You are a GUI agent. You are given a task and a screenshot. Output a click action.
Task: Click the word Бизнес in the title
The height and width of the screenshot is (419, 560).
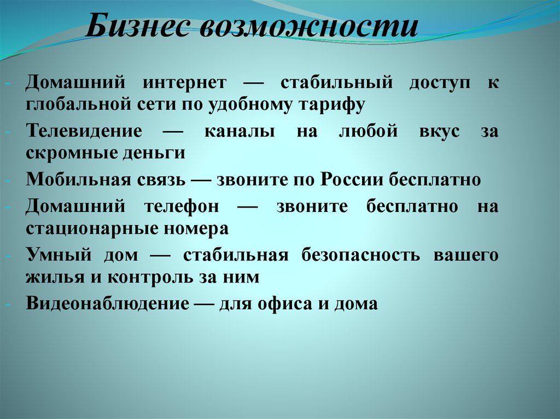(x=137, y=26)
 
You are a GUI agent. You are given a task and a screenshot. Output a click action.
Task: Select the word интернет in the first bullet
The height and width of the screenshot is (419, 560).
(x=185, y=83)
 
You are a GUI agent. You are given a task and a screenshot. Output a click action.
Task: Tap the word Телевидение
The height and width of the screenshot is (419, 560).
(x=84, y=132)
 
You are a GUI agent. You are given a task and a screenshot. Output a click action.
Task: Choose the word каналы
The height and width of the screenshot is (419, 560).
(x=240, y=132)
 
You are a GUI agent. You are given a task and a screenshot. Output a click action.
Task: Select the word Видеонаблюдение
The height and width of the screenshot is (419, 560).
(x=107, y=304)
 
